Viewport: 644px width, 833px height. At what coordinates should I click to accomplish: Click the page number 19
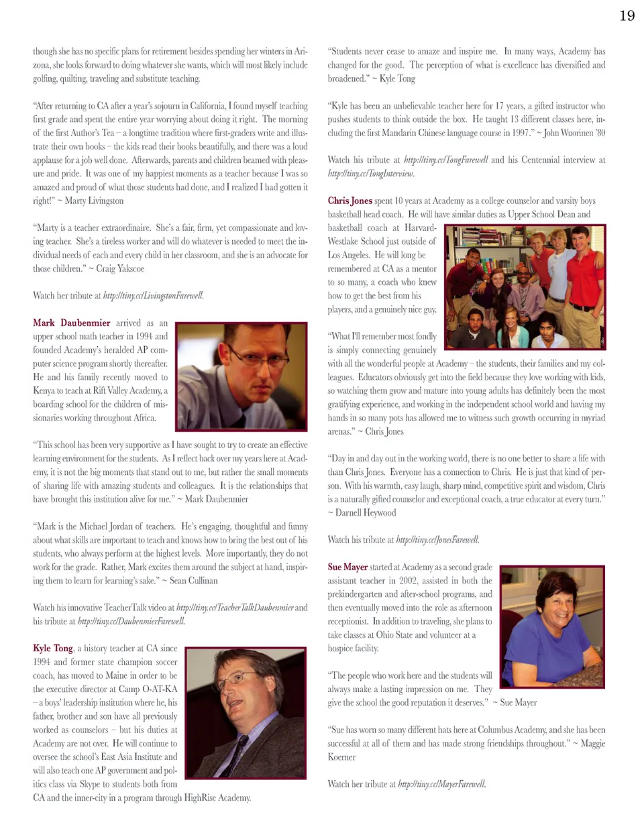pyautogui.click(x=627, y=15)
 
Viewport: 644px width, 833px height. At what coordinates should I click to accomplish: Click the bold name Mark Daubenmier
pyautogui.click(x=72, y=323)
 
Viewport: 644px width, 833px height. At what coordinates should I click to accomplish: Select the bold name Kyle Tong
pyautogui.click(x=53, y=648)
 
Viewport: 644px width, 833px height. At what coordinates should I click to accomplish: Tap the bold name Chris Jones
pyautogui.click(x=350, y=201)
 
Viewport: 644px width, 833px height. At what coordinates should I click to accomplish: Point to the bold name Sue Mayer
pyautogui.click(x=347, y=567)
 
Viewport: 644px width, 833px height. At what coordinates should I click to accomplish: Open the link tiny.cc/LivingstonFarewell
pyautogui.click(x=154, y=295)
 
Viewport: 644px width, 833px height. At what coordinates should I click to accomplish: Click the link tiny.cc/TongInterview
pyautogui.click(x=371, y=173)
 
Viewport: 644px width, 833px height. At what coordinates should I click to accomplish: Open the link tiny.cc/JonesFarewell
pyautogui.click(x=437, y=539)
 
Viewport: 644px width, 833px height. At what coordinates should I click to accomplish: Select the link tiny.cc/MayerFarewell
pyautogui.click(x=441, y=783)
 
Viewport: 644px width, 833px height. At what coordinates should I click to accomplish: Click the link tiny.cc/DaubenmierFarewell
pyautogui.click(x=131, y=621)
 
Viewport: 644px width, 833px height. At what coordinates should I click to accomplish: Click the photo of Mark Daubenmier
pyautogui.click(x=241, y=376)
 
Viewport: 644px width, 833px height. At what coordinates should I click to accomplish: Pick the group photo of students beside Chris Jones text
pyautogui.click(x=525, y=286)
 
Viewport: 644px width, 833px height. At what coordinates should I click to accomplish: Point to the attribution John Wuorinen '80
pyautogui.click(x=574, y=133)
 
